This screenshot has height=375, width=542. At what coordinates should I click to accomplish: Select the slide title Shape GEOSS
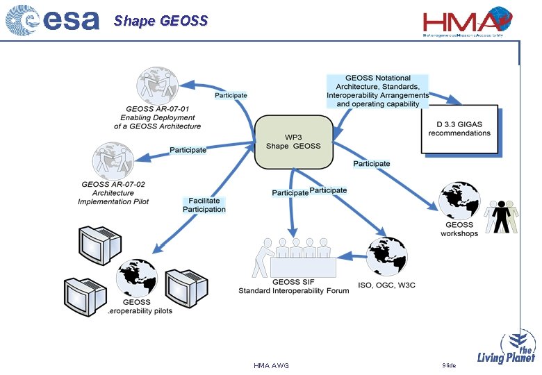(161, 21)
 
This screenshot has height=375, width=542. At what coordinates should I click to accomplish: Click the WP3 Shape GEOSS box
(293, 142)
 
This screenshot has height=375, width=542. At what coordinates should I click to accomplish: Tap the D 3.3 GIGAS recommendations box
(459, 129)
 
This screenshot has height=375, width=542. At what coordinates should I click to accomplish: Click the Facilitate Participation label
(204, 205)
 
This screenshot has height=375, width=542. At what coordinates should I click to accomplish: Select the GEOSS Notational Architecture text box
(378, 91)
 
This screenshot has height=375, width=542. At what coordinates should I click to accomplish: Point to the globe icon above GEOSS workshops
(458, 201)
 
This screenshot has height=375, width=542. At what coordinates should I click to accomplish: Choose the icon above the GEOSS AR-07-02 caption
(113, 160)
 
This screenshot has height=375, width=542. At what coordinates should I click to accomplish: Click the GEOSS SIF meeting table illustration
(295, 258)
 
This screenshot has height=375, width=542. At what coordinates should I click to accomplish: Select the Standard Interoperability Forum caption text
(293, 291)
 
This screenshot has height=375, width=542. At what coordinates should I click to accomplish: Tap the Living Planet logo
(507, 348)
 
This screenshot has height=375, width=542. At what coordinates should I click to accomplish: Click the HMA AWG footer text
(271, 365)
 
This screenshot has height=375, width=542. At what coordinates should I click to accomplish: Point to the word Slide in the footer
(449, 365)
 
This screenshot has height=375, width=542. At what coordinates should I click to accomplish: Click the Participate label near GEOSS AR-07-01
(231, 95)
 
